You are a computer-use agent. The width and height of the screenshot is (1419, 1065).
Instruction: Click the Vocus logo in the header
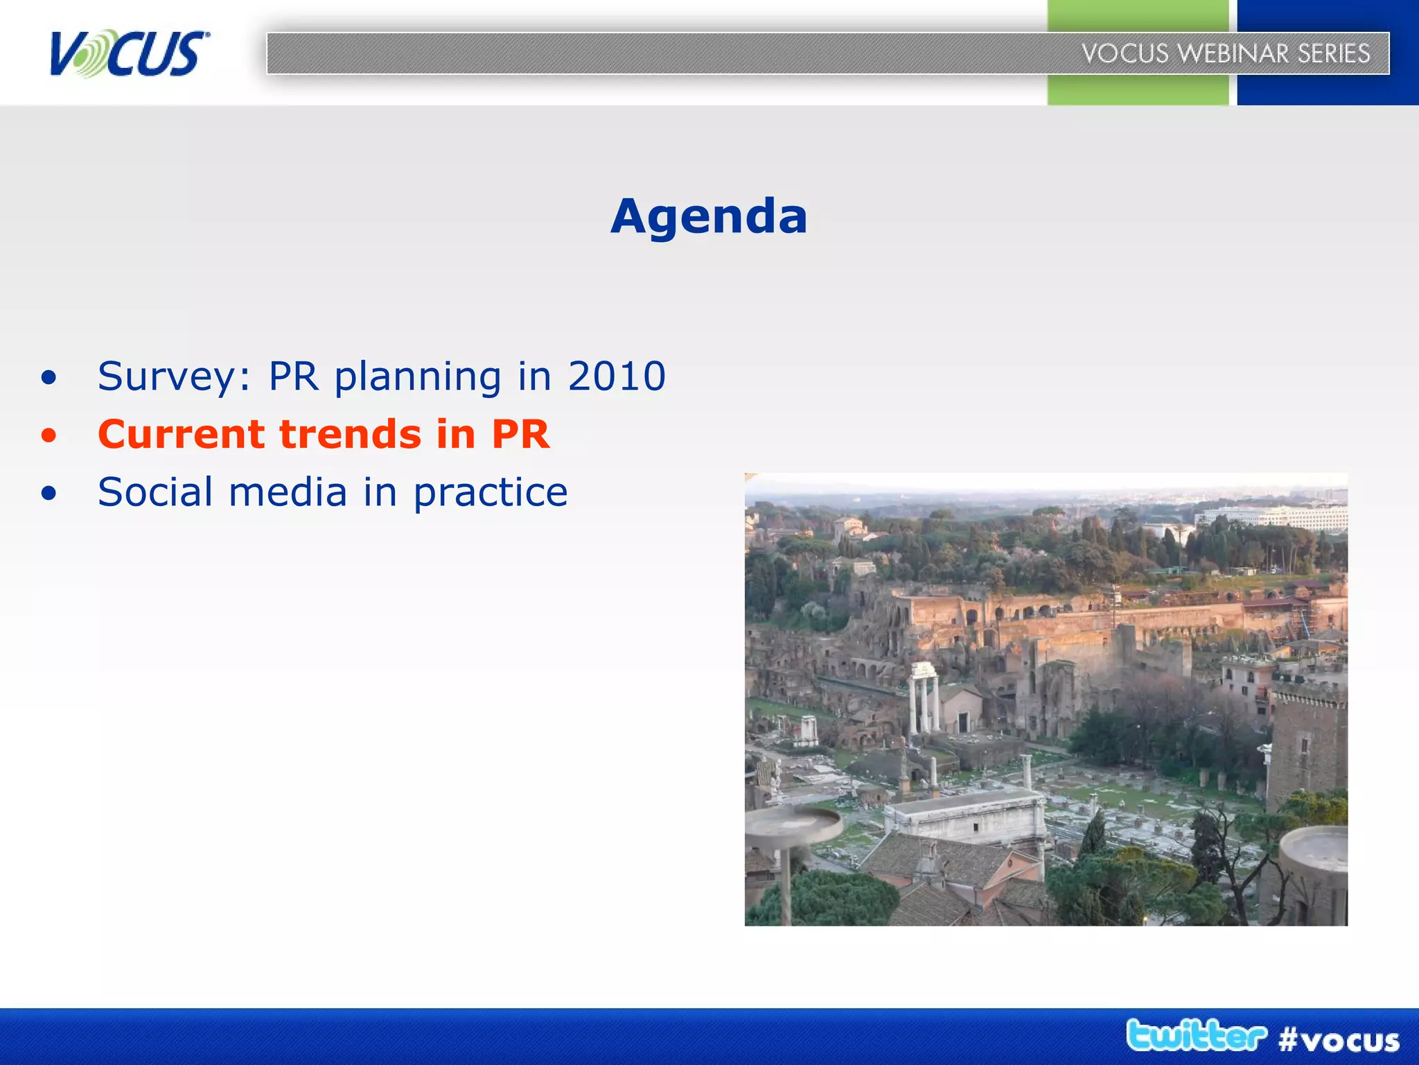(x=129, y=53)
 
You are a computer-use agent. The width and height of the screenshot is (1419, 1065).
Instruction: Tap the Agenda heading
(x=709, y=216)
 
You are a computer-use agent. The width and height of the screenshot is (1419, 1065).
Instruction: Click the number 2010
(x=617, y=376)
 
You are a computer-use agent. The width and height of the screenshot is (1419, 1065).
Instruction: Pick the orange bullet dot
(x=49, y=436)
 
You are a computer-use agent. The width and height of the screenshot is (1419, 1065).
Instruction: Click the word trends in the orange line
(x=350, y=435)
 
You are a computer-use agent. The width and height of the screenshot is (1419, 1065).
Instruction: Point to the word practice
(x=491, y=494)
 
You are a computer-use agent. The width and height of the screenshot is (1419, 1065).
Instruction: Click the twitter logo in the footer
(x=1196, y=1036)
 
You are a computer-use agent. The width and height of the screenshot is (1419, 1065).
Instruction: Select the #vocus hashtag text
(x=1339, y=1040)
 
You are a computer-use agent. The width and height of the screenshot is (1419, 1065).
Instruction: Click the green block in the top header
(x=1136, y=90)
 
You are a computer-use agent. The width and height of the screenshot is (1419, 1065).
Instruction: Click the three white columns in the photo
(x=924, y=697)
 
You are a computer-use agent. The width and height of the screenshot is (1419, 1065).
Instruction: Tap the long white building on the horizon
(x=1271, y=517)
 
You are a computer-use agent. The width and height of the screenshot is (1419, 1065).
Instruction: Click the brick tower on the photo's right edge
(x=1308, y=749)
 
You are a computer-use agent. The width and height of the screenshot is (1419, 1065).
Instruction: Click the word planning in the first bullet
(x=418, y=378)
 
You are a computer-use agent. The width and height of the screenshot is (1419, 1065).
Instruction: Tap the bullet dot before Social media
(x=49, y=494)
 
